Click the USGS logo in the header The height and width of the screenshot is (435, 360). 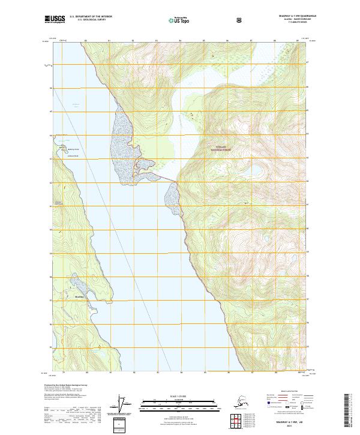[x=55, y=20]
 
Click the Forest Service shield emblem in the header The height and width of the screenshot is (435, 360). [x=239, y=20]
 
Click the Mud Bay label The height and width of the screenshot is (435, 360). [x=79, y=296]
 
